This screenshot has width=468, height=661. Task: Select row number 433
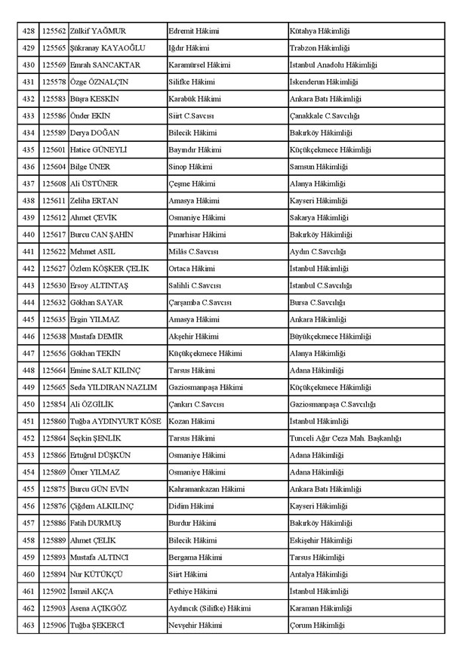pos(29,115)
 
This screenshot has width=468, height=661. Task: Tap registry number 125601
pos(54,149)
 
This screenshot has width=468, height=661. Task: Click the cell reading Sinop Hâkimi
pos(190,167)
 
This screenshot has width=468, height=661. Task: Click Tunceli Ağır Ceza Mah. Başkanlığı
pos(345,438)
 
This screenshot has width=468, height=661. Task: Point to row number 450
pos(29,404)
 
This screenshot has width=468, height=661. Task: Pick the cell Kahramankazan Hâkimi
pos(206,489)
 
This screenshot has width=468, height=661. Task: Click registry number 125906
pos(54,625)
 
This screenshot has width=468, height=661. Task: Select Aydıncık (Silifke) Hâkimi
pos(209,608)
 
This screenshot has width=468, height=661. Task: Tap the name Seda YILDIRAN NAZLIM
pos(113,387)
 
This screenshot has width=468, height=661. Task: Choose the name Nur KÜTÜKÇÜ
pos(95,574)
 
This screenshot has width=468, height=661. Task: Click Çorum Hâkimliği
pos(317,625)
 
